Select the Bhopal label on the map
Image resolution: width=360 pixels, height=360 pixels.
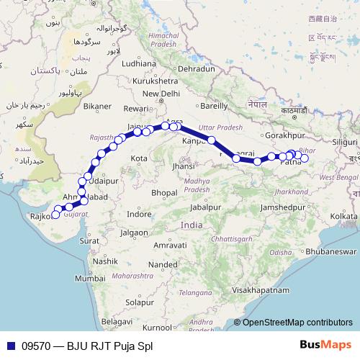pyautogui.click(x=166, y=193)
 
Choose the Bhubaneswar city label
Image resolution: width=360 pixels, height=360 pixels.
pyautogui.click(x=330, y=252)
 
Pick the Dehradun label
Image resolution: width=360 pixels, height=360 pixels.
pyautogui.click(x=197, y=68)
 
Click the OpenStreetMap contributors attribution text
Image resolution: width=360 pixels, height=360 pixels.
pyautogui.click(x=297, y=323)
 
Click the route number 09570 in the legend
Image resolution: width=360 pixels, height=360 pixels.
pyautogui.click(x=35, y=346)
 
